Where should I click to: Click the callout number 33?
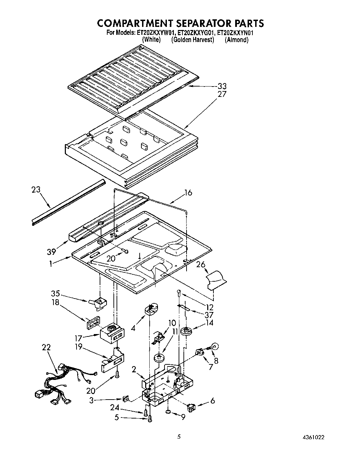coord(222,86)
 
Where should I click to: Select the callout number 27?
coord(222,94)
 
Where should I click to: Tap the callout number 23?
coord(36,190)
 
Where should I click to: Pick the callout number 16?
coord(188,193)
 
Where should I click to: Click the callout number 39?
coord(51,252)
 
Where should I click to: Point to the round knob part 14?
coord(188,331)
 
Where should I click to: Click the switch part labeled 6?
coord(191,408)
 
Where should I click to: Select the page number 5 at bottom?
coord(179,437)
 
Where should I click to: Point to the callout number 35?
coord(56,294)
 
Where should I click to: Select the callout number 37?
coord(209,315)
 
